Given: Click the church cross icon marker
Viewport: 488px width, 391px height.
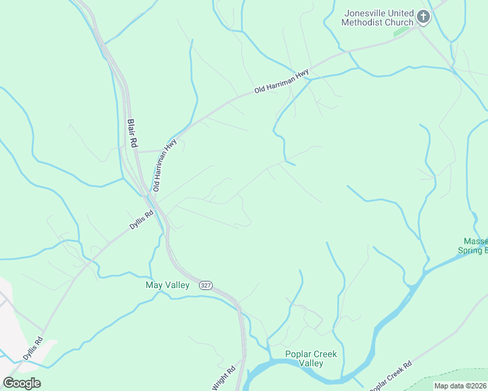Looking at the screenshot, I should [423, 17].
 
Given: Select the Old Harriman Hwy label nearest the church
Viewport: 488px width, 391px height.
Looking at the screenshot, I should [281, 83].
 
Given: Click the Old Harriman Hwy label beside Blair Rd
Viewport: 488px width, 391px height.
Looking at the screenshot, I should [164, 165].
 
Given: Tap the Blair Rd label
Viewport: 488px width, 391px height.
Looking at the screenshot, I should [132, 132].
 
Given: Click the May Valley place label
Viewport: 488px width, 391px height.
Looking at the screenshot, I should [167, 285].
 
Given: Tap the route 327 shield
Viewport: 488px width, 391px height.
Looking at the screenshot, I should [206, 285].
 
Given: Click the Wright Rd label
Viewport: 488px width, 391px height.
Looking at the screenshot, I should [224, 378].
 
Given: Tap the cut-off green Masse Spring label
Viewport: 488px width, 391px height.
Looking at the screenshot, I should [474, 246].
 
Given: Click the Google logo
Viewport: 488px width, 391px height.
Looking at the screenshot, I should [22, 383].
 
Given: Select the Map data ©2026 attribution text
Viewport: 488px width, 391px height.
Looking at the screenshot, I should [460, 386].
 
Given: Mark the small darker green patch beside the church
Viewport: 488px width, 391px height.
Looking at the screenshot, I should [402, 30].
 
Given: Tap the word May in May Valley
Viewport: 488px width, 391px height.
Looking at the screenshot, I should [153, 285].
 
